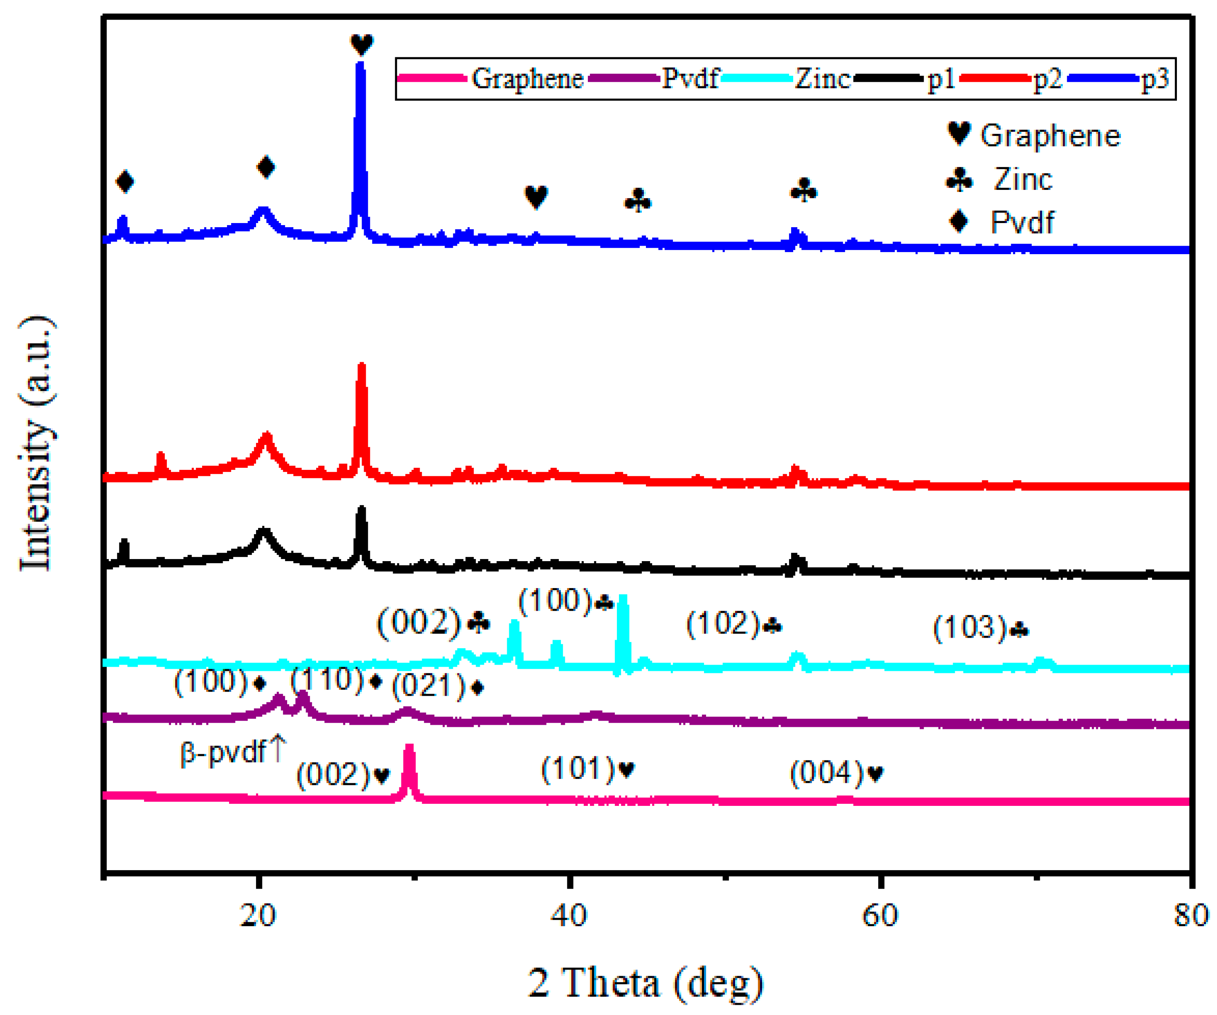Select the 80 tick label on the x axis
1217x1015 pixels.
(x=1191, y=915)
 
